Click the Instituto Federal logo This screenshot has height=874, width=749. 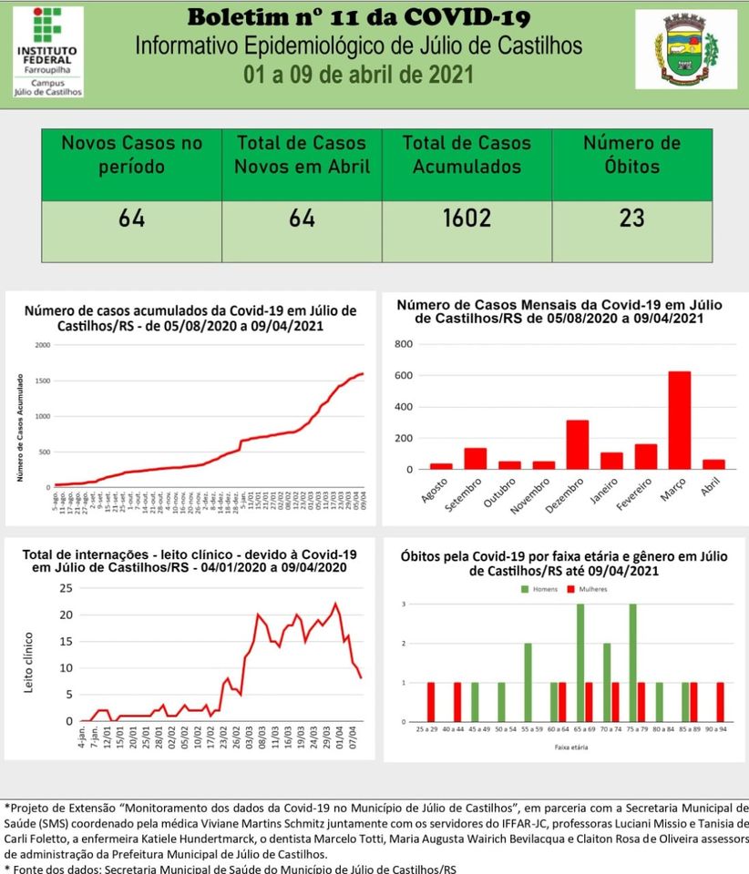pos(48,51)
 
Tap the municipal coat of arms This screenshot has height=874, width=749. pos(698,49)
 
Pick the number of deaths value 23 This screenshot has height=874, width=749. pos(631,218)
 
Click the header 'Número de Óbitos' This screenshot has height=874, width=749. pos(631,155)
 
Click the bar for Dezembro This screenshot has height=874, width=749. pos(577,444)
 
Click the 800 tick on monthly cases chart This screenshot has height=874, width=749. pos(403,344)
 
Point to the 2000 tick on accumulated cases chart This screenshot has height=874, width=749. pos(42,345)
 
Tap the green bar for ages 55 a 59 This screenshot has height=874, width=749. pos(528,682)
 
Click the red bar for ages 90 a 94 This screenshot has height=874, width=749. pos(720,702)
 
